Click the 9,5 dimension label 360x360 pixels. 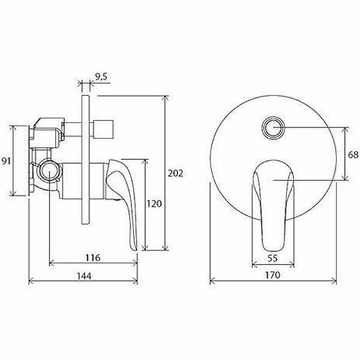(x=101, y=77)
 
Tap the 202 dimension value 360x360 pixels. (x=175, y=173)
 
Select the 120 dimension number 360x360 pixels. (x=154, y=204)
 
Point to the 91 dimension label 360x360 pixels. (x=6, y=161)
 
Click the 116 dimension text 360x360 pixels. (x=93, y=257)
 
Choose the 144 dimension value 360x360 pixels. (x=84, y=276)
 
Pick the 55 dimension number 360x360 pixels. (x=273, y=258)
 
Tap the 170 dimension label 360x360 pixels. (x=273, y=275)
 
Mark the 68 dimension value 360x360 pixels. (x=353, y=155)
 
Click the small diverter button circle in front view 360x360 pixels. (x=273, y=127)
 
